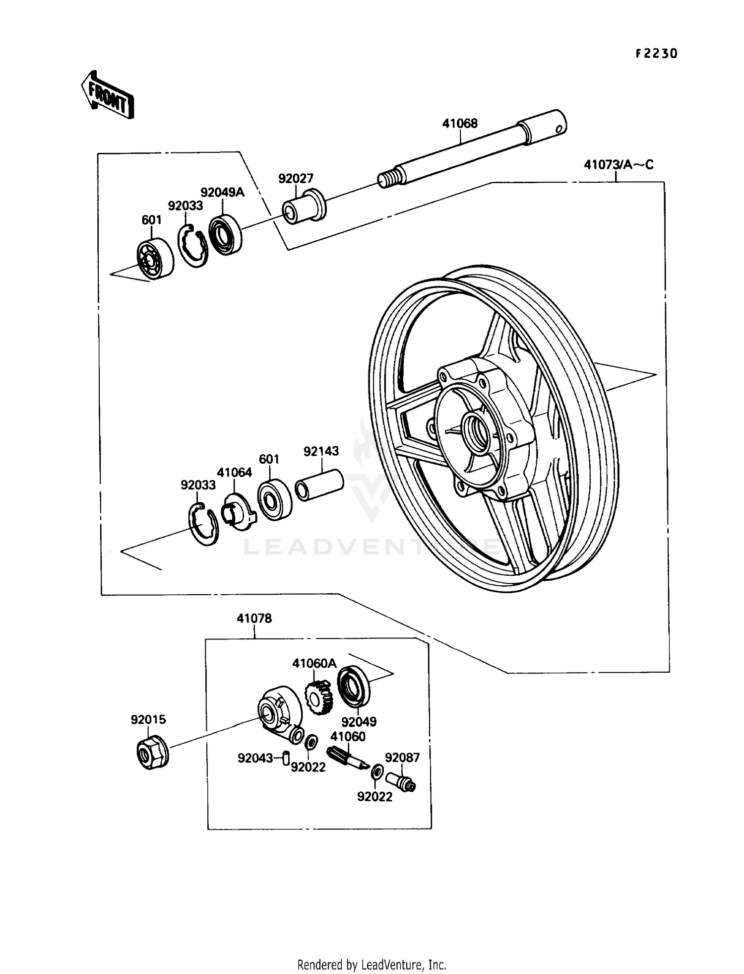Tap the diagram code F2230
pyautogui.click(x=656, y=54)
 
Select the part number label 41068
pyautogui.click(x=460, y=124)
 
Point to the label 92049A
pyautogui.click(x=222, y=193)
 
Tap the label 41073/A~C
pyautogui.click(x=619, y=164)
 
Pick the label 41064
pyautogui.click(x=234, y=473)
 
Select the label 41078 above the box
pyautogui.click(x=254, y=619)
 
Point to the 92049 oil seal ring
pyautogui.click(x=353, y=686)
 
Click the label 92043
pyautogui.click(x=255, y=758)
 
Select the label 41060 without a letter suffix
pyautogui.click(x=348, y=737)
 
